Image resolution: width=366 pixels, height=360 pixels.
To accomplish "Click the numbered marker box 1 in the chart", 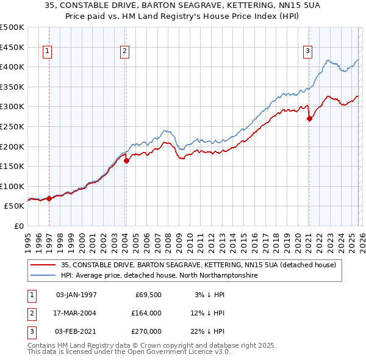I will [48, 52].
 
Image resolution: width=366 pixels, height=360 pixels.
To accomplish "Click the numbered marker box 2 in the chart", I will [124, 52].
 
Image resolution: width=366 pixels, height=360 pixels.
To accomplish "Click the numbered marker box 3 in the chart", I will [308, 52].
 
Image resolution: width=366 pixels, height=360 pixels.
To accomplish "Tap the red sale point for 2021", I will [309, 119].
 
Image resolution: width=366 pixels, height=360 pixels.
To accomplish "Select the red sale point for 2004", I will [127, 161].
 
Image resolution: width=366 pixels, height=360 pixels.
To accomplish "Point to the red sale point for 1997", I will [49, 198].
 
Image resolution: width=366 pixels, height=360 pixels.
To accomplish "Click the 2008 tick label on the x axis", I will [168, 240].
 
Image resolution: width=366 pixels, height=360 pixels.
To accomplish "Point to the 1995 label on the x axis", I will [28, 240].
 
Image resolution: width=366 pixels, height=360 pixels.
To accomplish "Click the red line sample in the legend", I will [44, 265].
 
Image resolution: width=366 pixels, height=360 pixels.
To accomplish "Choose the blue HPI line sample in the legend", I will [44, 276].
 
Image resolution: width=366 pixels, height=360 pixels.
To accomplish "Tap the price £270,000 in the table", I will [146, 331].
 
